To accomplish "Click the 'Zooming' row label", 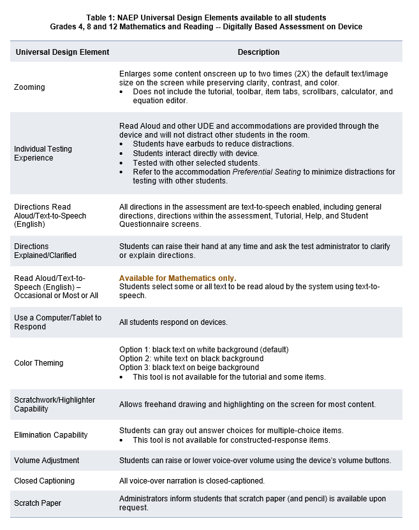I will pos(29,87).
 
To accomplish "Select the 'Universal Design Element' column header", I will pos(62,52).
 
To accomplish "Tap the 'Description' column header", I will pos(258,52).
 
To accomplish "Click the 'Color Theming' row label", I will pos(39,363).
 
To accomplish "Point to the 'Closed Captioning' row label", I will pos(44,481).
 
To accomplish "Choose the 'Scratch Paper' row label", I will pos(38,503).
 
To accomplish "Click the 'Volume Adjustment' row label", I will pos(47,460).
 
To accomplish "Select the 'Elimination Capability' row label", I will pos(51,435).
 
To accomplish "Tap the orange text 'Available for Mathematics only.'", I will pos(178,278).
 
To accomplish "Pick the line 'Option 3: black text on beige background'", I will pos(189,368).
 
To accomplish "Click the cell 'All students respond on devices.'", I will pos(173,322).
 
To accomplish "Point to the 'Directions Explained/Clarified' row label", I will pos(45,251).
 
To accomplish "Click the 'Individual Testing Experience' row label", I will pos(43,154).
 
